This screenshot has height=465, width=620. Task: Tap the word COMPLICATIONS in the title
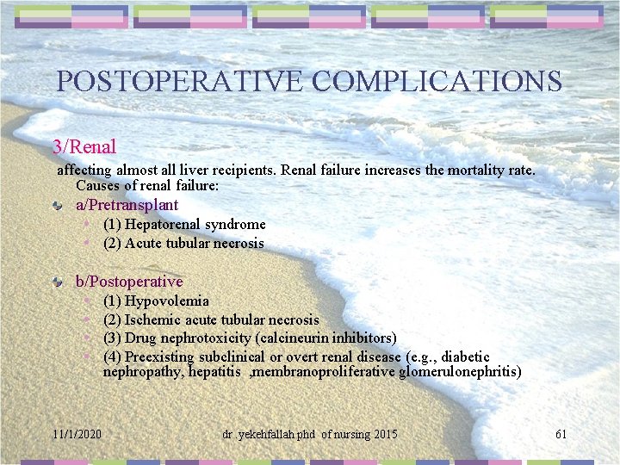point(437,81)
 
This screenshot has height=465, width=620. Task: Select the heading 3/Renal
point(84,147)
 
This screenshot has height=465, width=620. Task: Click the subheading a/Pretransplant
point(127,205)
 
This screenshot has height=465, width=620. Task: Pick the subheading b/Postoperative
point(129,282)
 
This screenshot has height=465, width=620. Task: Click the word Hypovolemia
point(166,301)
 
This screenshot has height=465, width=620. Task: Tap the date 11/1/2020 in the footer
point(76,434)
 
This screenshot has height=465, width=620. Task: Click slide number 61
point(561,434)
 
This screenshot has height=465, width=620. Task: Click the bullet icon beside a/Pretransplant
point(57,206)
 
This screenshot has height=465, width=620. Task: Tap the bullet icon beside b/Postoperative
point(57,282)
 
